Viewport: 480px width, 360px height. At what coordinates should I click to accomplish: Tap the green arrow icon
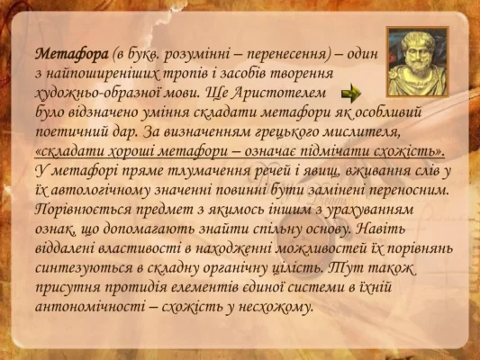352,94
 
